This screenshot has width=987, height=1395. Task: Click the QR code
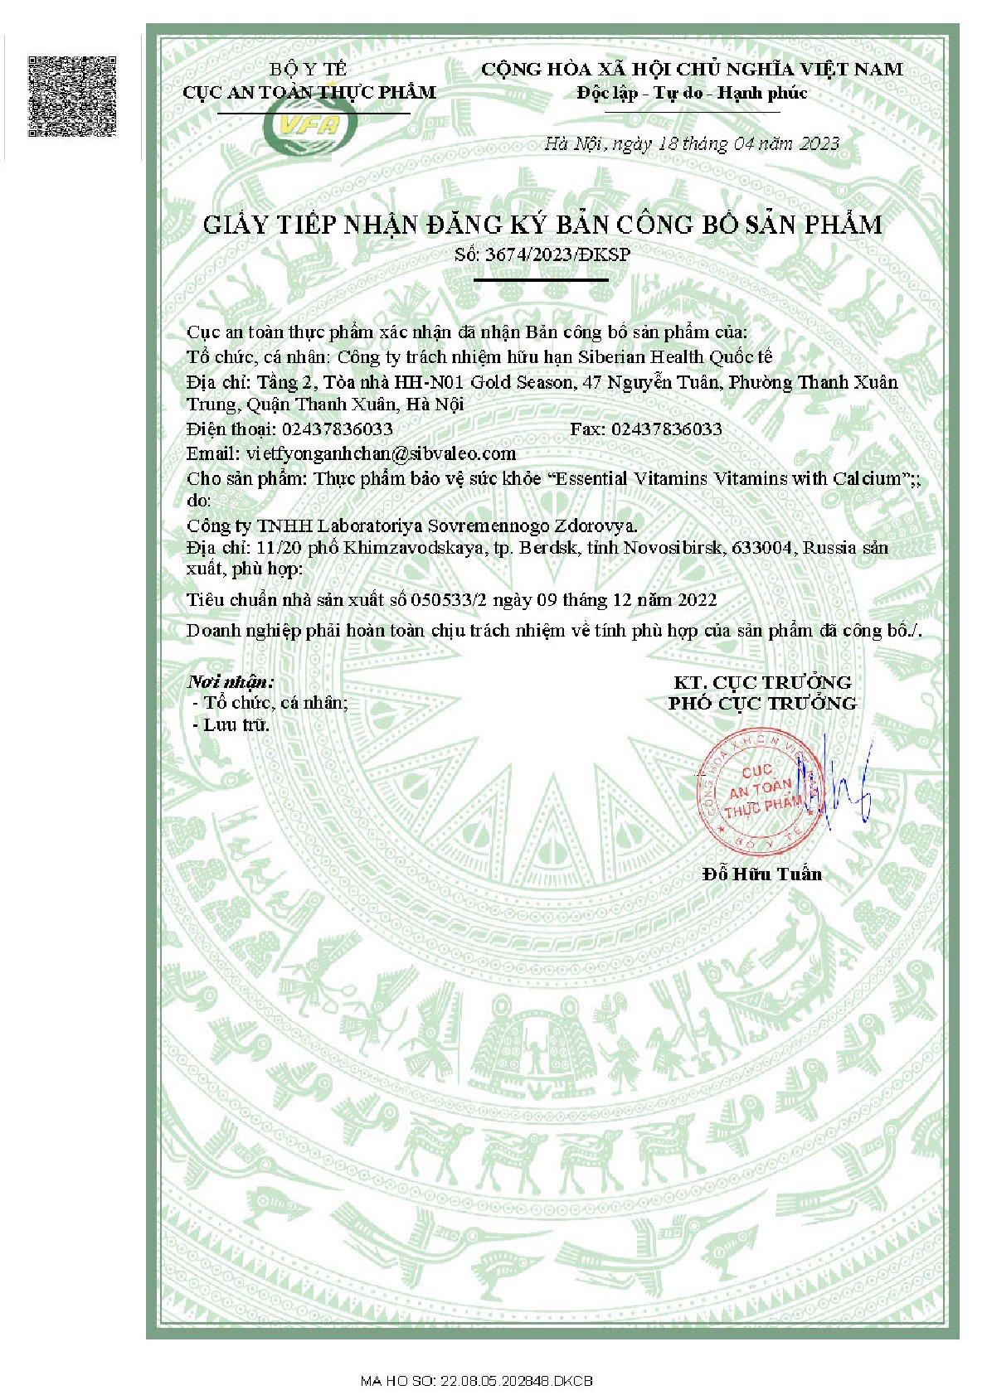tap(72, 95)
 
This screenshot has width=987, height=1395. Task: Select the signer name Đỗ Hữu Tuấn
tap(761, 874)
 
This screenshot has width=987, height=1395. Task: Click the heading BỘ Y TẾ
tap(309, 69)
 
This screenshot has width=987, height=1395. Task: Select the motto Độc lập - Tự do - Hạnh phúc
tap(691, 93)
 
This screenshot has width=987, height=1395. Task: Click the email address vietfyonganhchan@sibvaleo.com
tap(381, 453)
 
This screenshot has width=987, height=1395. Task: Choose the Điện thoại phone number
tap(337, 429)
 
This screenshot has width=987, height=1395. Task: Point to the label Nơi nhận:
tap(231, 682)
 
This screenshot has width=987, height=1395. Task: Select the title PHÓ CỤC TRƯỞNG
tap(761, 704)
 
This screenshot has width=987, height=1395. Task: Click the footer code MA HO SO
tap(476, 1381)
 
